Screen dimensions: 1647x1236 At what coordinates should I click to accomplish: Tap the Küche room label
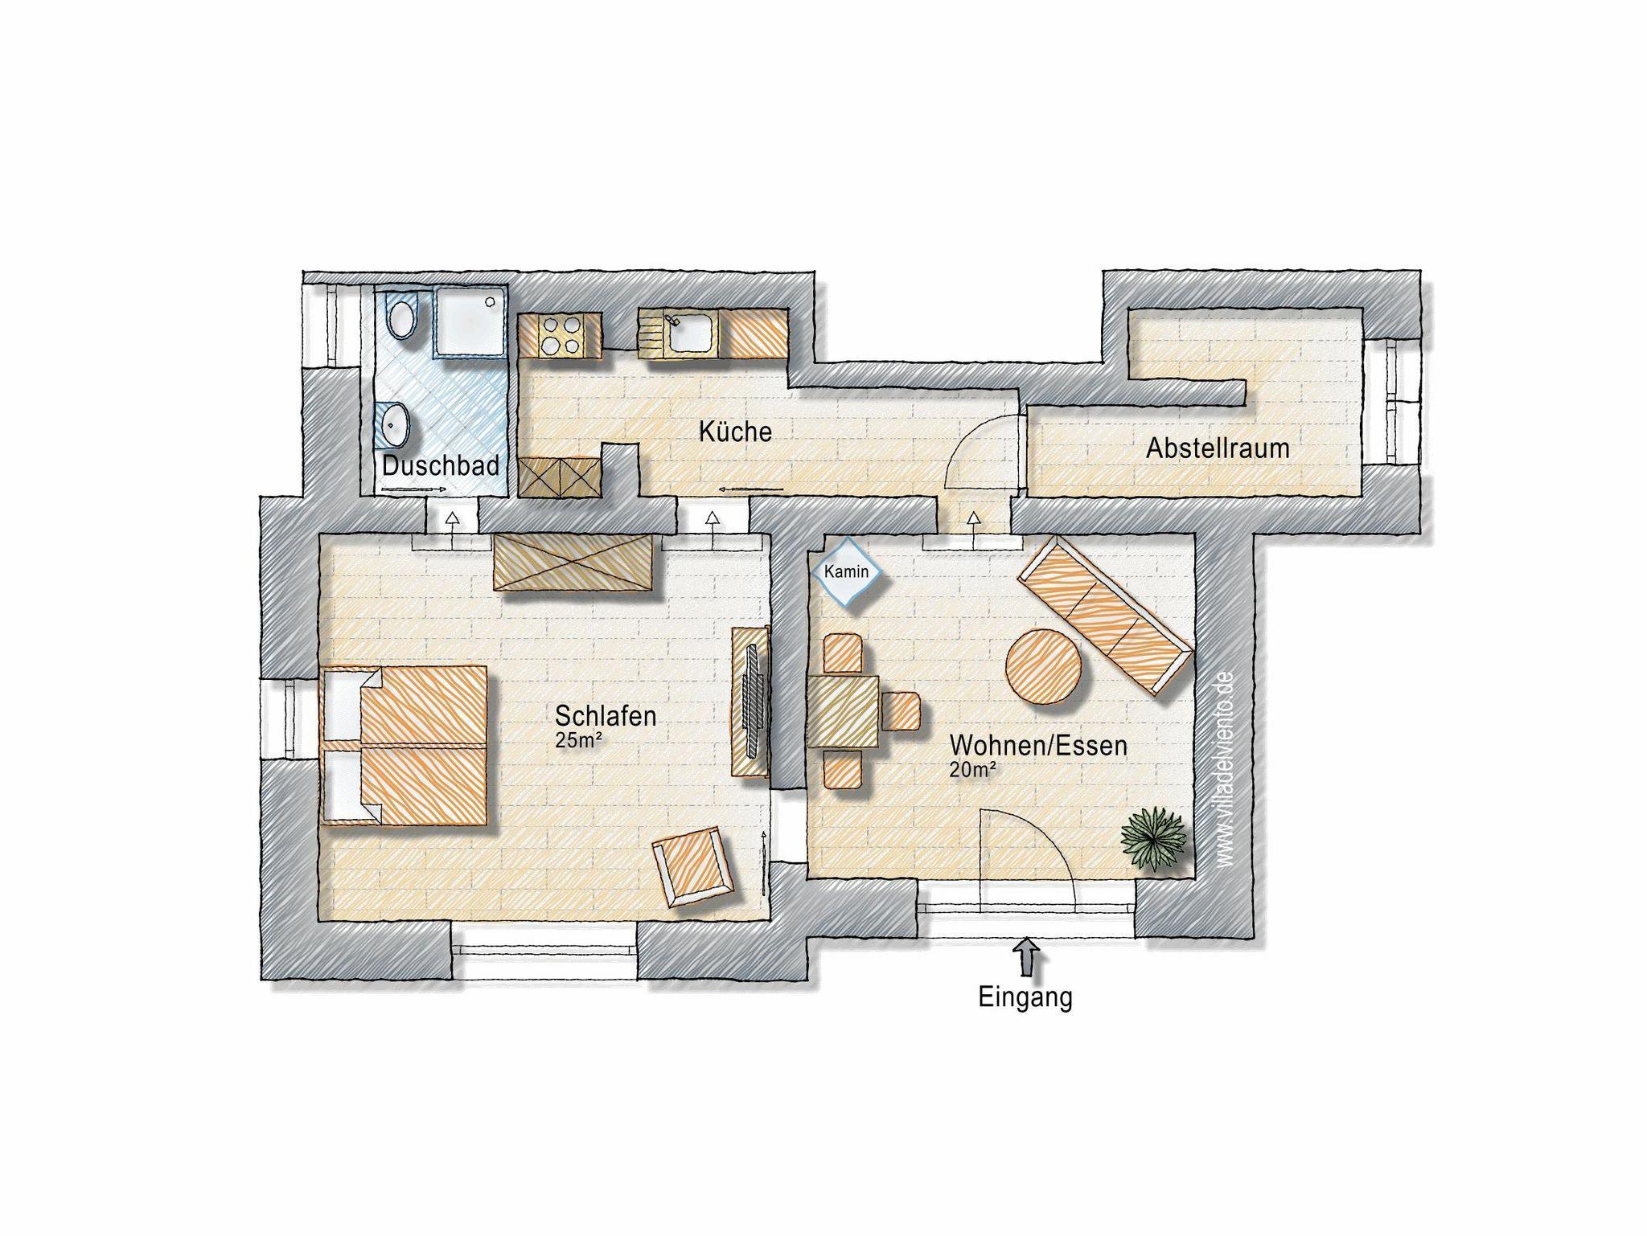(735, 432)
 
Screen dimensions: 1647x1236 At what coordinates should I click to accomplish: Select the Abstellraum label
(1218, 448)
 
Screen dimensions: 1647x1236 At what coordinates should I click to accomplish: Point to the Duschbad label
(441, 465)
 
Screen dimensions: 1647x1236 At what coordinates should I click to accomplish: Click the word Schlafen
(606, 715)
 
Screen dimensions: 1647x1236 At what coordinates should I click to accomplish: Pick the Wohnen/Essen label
(1038, 745)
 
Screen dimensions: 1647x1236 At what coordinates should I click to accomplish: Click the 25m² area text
(579, 741)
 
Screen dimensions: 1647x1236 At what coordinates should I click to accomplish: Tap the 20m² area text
(974, 770)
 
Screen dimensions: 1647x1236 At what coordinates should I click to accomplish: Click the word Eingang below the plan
(1025, 997)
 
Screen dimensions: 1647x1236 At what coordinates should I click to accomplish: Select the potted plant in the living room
(1154, 838)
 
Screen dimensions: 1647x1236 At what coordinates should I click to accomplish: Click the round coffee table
(1044, 666)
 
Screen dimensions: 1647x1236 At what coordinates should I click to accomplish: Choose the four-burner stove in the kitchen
(560, 334)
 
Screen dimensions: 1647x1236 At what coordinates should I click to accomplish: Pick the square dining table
(843, 711)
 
